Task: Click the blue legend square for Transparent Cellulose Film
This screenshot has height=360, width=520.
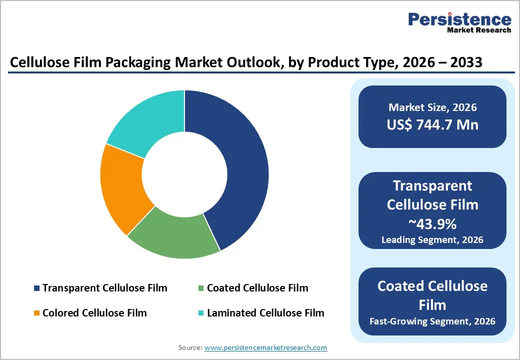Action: [36, 288]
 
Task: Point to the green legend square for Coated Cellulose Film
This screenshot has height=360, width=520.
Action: [200, 288]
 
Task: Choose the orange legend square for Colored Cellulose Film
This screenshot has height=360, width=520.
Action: [36, 313]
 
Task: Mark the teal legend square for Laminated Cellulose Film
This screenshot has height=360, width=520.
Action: [200, 313]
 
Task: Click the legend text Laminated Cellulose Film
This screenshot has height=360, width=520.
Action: [265, 313]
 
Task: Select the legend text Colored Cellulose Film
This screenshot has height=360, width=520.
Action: [94, 313]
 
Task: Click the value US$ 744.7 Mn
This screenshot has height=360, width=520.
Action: [432, 124]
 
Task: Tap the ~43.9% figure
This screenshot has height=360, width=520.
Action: [432, 222]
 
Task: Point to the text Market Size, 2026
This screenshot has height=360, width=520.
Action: [432, 107]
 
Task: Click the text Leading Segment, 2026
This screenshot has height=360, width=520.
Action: [432, 240]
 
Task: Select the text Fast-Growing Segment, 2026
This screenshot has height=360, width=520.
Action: [432, 321]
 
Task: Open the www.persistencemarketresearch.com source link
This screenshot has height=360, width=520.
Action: [266, 347]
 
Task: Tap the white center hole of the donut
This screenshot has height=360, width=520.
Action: [184, 174]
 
